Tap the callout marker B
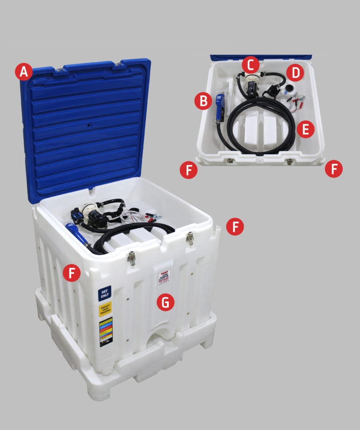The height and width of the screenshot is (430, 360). [203, 101]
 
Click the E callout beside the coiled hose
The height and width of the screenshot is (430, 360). [305, 129]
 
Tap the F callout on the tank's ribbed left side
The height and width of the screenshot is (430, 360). [72, 273]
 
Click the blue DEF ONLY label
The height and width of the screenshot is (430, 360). [105, 294]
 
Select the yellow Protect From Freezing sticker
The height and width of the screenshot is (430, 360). [105, 310]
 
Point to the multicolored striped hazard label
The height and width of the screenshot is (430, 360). [106, 332]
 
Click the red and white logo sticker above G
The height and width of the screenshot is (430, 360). [165, 279]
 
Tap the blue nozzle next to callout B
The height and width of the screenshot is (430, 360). [220, 107]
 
